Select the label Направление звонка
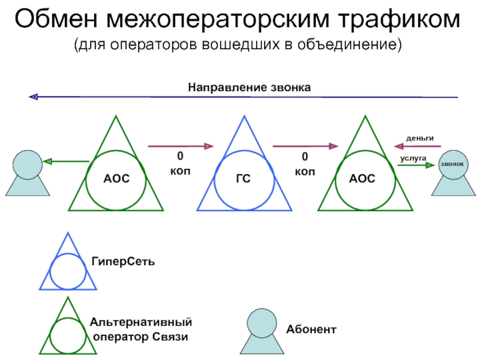pyautogui.click(x=250, y=88)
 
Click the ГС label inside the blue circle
pyautogui.click(x=243, y=179)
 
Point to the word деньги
pyautogui.click(x=419, y=137)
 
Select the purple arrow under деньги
pyautogui.click(x=413, y=145)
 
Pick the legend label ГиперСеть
pyautogui.click(x=124, y=263)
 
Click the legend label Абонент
pyautogui.click(x=311, y=329)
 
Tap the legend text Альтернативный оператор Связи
pyautogui.click(x=141, y=329)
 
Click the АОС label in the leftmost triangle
pyautogui.click(x=116, y=179)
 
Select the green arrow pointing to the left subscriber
pyautogui.click(x=67, y=161)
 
